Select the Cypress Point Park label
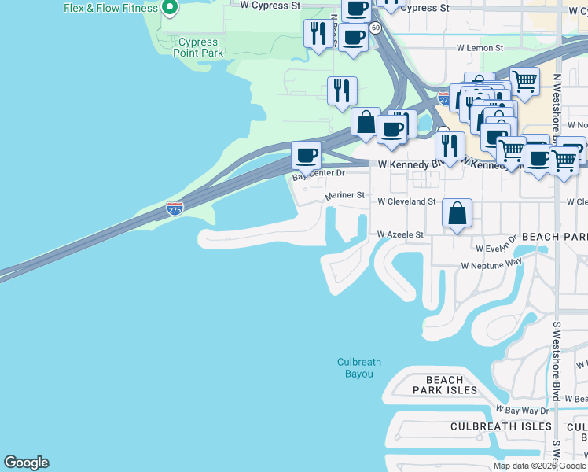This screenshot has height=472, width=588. pyautogui.click(x=200, y=47)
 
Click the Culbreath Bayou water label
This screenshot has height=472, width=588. pyautogui.click(x=358, y=367)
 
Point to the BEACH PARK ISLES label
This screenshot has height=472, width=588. pyautogui.click(x=445, y=385)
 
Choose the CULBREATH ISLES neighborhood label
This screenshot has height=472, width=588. pyautogui.click(x=501, y=426)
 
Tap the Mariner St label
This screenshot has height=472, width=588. pyautogui.click(x=345, y=195)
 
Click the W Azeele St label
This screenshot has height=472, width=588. pyautogui.click(x=400, y=234)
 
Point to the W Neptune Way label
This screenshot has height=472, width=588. pyautogui.click(x=491, y=265)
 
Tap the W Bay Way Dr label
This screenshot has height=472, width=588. pyautogui.click(x=522, y=410)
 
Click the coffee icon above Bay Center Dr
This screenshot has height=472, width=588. pyautogui.click(x=307, y=154)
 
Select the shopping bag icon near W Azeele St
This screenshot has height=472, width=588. pyautogui.click(x=457, y=212)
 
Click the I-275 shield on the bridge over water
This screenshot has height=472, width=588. pyautogui.click(x=175, y=208)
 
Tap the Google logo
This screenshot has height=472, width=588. pyautogui.click(x=26, y=463)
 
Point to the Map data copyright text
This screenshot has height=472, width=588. pyautogui.click(x=539, y=466)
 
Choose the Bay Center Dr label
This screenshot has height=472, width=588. pyautogui.click(x=318, y=174)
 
